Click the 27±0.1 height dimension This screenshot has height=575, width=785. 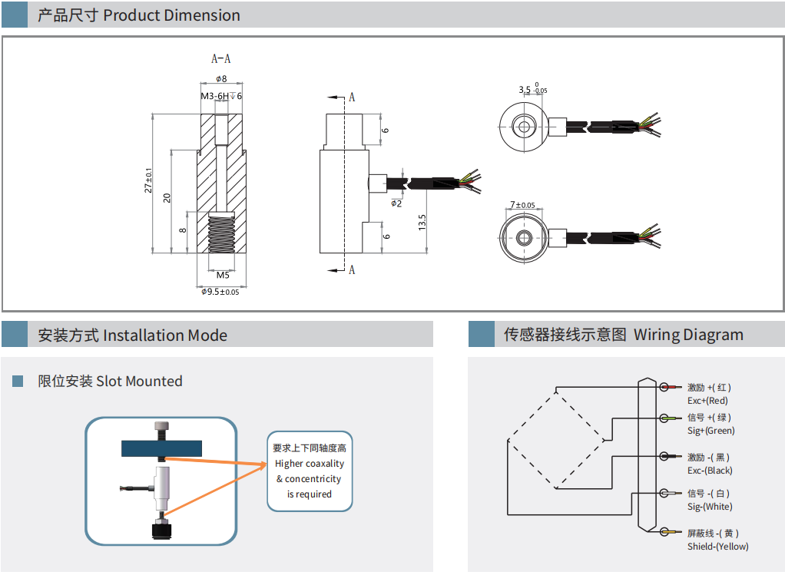click(149, 181)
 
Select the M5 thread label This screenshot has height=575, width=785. click(223, 275)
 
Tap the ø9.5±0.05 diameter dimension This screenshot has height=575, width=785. click(220, 292)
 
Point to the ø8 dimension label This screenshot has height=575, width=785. click(221, 79)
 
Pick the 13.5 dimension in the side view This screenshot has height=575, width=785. click(422, 223)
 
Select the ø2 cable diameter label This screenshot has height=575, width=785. click(396, 203)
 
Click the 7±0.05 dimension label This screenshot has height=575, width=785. click(522, 205)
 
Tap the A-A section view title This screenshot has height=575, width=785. click(221, 59)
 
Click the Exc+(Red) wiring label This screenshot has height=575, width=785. click(707, 401)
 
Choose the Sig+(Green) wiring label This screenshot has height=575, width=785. click(710, 431)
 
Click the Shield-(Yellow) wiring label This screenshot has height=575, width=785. click(717, 547)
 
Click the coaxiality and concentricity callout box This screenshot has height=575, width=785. click(310, 471)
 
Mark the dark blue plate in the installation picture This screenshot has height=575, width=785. click(161, 448)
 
